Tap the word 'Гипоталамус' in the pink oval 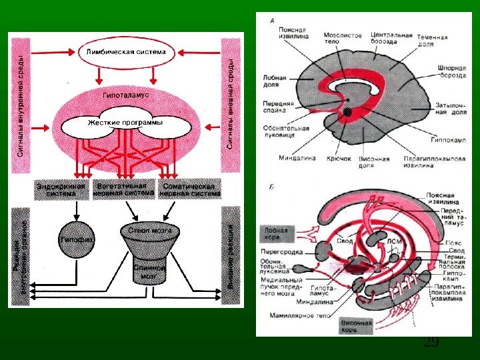point(125,95)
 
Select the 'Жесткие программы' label point(125,123)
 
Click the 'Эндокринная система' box point(60,189)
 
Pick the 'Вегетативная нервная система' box point(126,189)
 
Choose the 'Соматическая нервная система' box point(189,189)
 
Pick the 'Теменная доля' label point(433,41)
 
